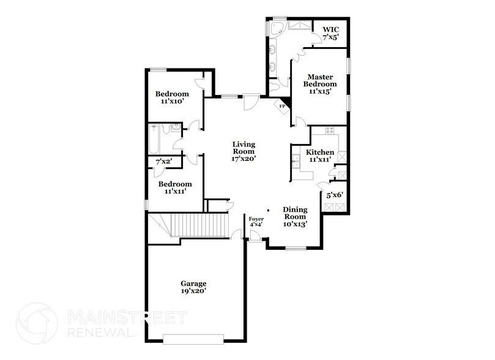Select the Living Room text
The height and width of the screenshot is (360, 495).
243,149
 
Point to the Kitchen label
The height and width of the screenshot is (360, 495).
320,152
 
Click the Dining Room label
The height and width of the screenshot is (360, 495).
294,213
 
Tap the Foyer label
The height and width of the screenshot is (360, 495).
256,219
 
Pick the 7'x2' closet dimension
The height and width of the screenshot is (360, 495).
164,162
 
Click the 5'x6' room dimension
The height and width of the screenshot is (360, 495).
335,195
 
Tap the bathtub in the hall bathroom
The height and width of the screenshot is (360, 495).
154,140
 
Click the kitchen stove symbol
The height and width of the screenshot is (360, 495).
330,130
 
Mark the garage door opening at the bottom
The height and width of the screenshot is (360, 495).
193,338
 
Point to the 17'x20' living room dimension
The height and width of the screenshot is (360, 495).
243,157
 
